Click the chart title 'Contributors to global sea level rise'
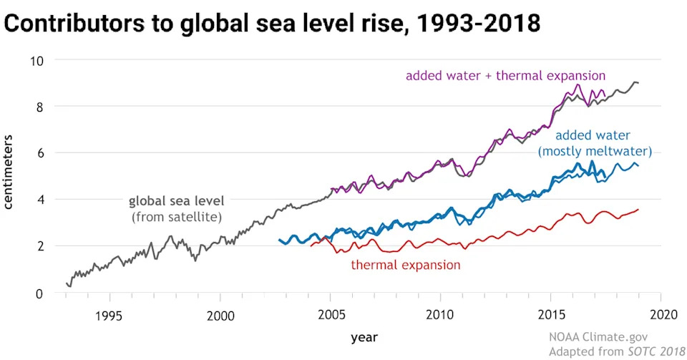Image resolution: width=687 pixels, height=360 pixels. click(273, 24)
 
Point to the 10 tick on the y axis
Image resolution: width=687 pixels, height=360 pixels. click(37, 60)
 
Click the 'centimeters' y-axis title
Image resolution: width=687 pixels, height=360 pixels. click(10, 175)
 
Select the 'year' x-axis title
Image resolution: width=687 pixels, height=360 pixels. click(364, 336)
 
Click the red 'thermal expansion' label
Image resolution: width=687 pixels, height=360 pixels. click(405, 266)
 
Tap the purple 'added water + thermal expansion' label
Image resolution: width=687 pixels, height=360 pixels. click(505, 75)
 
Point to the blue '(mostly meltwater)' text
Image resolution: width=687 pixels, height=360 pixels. click(594, 151)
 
